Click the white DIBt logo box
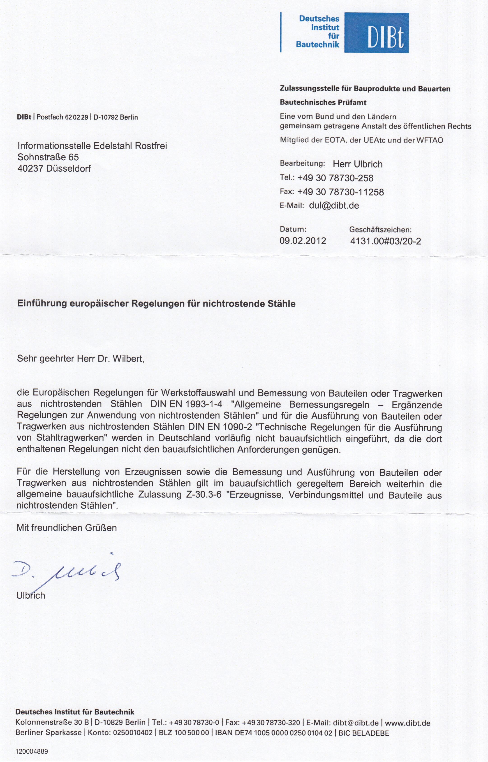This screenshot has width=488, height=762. (x=377, y=33)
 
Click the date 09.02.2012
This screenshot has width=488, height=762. (x=303, y=241)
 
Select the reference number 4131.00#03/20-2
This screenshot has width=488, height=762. (x=385, y=241)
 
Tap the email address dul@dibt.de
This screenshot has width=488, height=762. (x=334, y=205)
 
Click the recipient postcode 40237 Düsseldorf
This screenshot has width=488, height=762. (x=54, y=168)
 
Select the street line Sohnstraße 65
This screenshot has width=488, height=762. (x=48, y=157)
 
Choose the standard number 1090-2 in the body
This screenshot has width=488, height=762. (x=237, y=427)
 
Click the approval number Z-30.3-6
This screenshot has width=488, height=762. (x=204, y=495)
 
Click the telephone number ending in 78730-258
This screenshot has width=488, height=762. (x=335, y=178)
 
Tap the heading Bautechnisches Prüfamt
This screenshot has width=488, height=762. (x=323, y=102)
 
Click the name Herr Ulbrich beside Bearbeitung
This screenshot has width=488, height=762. (x=357, y=164)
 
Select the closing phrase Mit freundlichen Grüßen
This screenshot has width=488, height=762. (x=67, y=528)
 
